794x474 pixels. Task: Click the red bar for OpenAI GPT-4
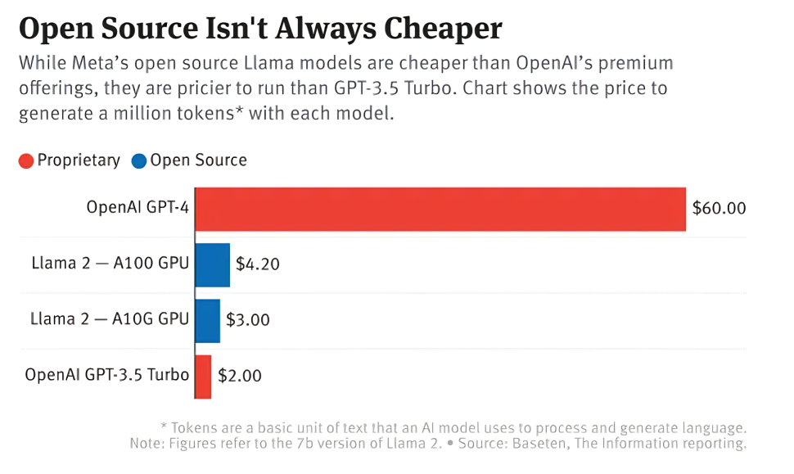tap(440, 209)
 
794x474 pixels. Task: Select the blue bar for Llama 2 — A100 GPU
tap(213, 264)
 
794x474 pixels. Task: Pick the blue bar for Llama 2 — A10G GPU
tap(208, 320)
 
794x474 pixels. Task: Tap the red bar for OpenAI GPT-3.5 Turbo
tap(204, 377)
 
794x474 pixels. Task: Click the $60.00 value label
tap(719, 209)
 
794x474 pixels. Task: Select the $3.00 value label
tap(247, 320)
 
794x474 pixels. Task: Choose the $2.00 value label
tap(239, 377)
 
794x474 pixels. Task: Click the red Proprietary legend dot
tap(26, 161)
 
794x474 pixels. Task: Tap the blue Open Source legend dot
tap(138, 161)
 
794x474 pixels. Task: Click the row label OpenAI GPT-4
tap(138, 208)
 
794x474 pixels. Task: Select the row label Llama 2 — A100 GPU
tap(110, 264)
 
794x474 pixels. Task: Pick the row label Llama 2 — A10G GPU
tap(110, 319)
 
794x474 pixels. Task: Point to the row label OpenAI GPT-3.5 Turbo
tap(106, 376)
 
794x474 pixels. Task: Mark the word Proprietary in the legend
tap(79, 160)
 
